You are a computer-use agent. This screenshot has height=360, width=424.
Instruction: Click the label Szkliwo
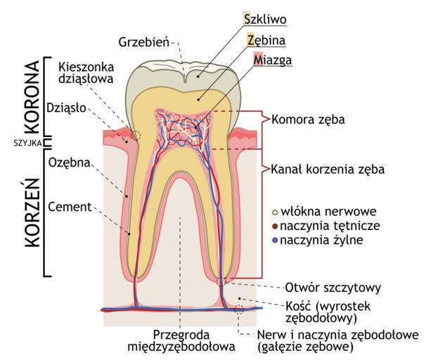265,20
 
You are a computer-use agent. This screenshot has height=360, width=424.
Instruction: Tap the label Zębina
266,41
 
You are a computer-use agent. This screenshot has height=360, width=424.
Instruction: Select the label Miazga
273,60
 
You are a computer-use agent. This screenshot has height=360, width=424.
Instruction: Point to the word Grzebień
144,42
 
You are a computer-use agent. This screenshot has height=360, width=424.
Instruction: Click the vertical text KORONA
32,96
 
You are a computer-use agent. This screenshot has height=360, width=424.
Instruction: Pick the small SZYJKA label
28,143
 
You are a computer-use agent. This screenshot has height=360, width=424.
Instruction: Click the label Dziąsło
66,108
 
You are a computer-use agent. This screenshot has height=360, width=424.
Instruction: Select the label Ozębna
69,163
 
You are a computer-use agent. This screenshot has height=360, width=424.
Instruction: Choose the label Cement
70,207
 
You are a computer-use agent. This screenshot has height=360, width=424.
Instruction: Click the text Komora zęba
308,120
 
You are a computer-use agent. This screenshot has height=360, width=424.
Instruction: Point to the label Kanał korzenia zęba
328,169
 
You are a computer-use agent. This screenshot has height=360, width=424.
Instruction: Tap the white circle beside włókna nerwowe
275,212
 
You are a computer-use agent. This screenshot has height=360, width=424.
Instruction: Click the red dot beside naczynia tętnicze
275,226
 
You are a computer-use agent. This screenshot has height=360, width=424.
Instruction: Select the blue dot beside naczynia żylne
275,240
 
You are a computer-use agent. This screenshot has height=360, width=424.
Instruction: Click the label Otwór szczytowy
333,288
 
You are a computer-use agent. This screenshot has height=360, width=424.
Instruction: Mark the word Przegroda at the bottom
181,335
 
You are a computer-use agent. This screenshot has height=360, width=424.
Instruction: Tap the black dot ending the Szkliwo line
198,77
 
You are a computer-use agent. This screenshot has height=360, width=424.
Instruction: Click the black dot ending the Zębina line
198,100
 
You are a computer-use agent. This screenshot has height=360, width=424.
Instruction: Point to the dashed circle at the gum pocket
136,135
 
